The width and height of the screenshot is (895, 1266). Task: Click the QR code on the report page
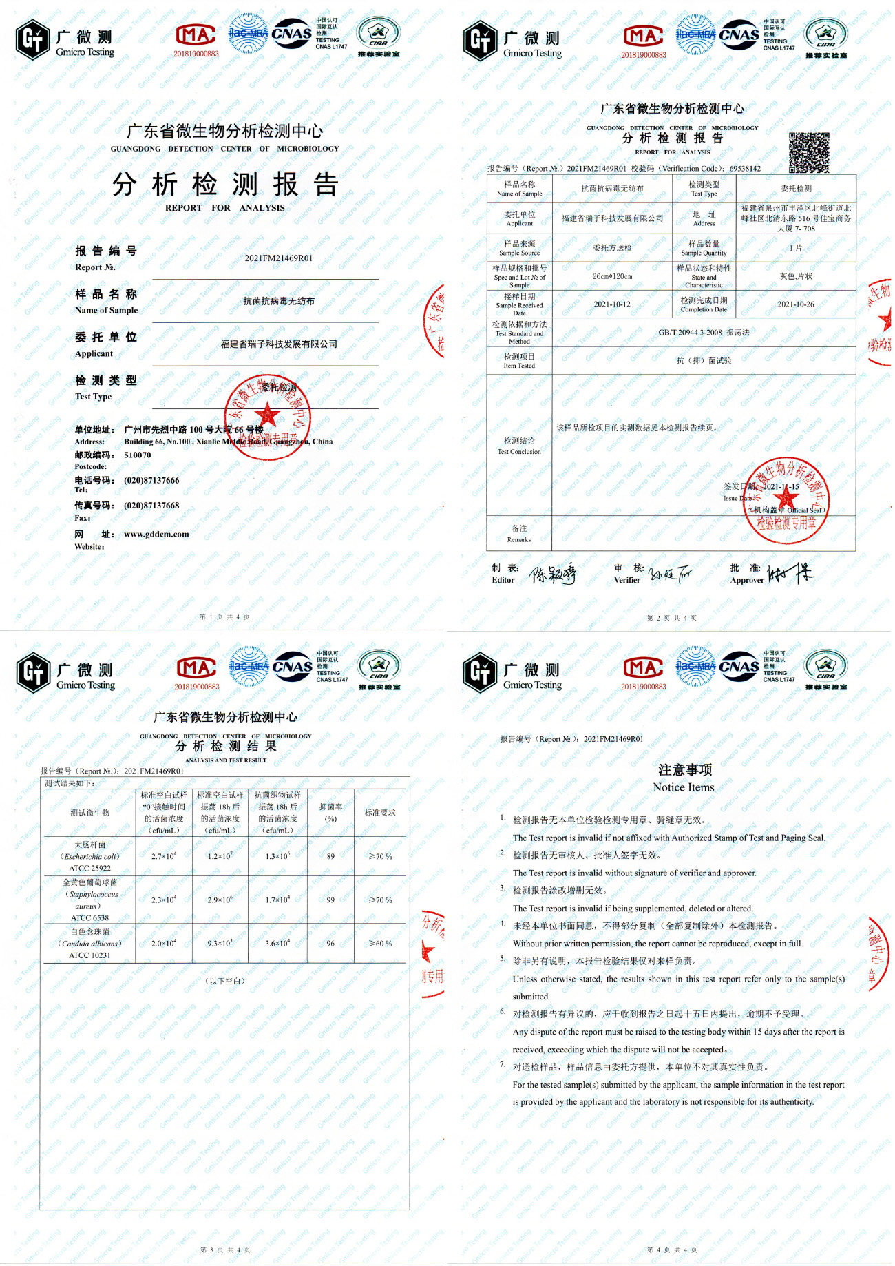809,152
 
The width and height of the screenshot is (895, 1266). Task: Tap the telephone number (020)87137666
151,480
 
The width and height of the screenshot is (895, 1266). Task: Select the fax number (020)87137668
151,505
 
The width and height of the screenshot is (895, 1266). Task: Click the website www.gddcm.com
156,534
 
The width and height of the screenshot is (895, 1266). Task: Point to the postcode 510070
138,455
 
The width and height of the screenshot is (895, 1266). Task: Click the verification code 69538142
745,169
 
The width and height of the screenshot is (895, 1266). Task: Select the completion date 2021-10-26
795,304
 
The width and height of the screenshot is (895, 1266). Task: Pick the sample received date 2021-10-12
612,304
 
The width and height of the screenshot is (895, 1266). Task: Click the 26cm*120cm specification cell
612,276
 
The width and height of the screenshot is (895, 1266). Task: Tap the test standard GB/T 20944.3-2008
704,332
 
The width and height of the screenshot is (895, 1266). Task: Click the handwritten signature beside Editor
552,574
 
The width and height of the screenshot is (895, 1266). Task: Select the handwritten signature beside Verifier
671,574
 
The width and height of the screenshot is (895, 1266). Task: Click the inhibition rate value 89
330,856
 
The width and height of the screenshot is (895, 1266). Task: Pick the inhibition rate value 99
330,900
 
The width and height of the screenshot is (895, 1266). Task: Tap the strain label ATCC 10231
89,955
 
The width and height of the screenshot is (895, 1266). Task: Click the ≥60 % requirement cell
380,943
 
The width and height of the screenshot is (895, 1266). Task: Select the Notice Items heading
684,778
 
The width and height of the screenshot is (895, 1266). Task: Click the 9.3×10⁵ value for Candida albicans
220,943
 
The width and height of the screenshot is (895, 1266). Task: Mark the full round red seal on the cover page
268,417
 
